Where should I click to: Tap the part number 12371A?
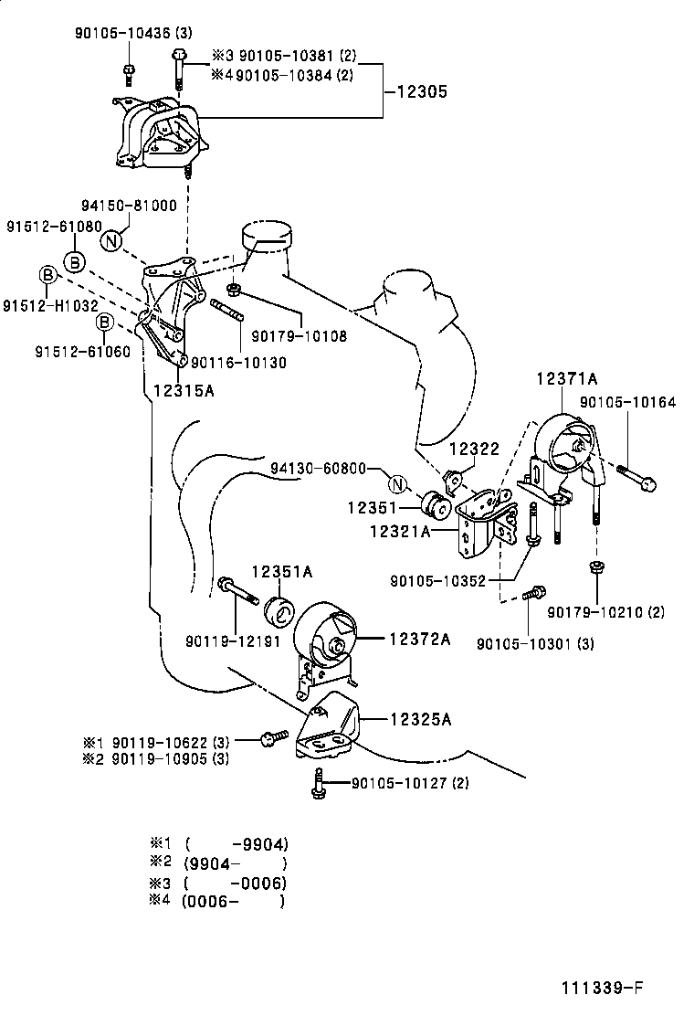tap(566, 378)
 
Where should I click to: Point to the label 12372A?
tap(420, 639)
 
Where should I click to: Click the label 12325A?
tap(421, 719)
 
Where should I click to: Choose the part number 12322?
tap(474, 450)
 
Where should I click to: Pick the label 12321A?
tap(400, 529)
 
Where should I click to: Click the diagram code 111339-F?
tap(603, 988)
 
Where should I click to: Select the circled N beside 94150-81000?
tap(110, 241)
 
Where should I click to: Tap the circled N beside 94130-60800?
tap(395, 484)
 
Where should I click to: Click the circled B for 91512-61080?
tap(75, 262)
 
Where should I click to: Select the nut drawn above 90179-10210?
tap(595, 569)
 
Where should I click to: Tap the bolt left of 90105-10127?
tap(317, 784)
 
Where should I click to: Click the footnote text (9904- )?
tap(236, 863)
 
